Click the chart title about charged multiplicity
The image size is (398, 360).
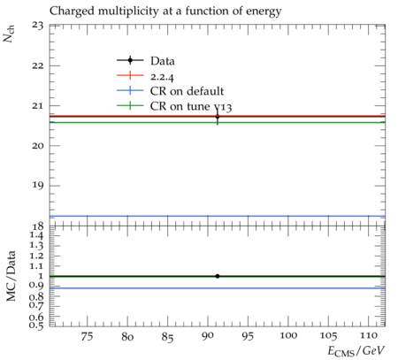point(165,11)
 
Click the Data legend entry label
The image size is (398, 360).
point(163,61)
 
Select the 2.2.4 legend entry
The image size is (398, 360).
point(162,77)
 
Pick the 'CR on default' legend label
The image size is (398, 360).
point(187,91)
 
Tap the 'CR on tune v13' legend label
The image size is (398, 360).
point(191,106)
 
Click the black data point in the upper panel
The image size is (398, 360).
point(218,117)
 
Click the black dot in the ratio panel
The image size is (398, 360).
point(218,276)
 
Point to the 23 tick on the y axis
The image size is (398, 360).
point(38,26)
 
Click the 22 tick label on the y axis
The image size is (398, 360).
point(38,65)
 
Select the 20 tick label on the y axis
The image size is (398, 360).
point(38,146)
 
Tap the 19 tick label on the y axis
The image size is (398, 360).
point(38,186)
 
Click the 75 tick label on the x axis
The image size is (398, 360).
point(87,336)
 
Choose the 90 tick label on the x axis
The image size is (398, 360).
point(208,336)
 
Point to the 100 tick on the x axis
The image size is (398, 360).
point(288,335)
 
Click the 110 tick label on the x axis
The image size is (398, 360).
point(368,335)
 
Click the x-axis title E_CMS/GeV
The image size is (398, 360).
point(356,351)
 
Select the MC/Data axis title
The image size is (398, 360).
point(11,276)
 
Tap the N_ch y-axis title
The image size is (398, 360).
point(9,34)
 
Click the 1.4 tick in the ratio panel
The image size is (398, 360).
point(36,235)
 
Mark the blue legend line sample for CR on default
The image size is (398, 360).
point(130,90)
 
